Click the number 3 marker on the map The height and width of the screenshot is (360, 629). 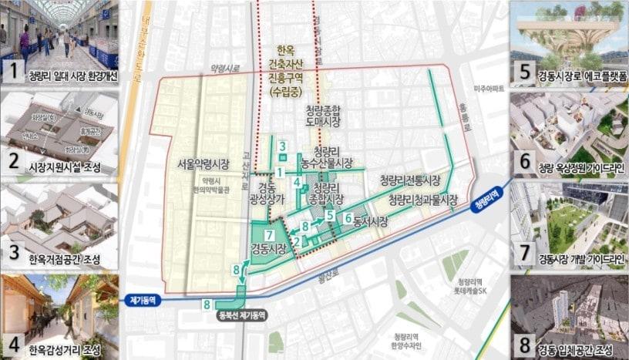(x=283, y=147)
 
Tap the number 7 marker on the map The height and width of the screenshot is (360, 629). (x=269, y=234)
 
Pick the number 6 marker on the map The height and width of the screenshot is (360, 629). (x=348, y=218)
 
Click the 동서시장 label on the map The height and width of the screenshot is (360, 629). (x=371, y=220)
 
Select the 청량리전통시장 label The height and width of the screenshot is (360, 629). (x=409, y=181)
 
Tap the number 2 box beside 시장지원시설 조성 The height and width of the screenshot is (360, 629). (x=12, y=163)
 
